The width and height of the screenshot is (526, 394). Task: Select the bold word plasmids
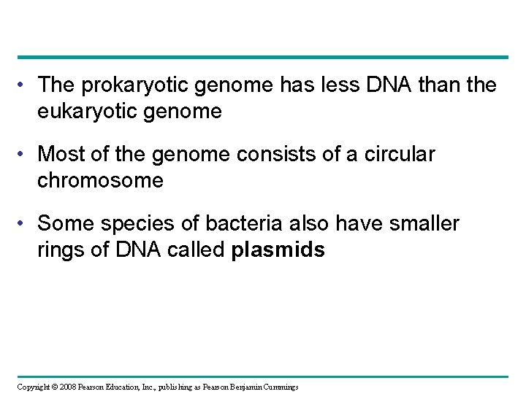[x=278, y=250]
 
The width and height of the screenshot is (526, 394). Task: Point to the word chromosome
[x=100, y=180]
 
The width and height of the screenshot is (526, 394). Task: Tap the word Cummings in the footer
[x=278, y=386]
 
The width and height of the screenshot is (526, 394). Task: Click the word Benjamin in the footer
[x=241, y=386]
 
